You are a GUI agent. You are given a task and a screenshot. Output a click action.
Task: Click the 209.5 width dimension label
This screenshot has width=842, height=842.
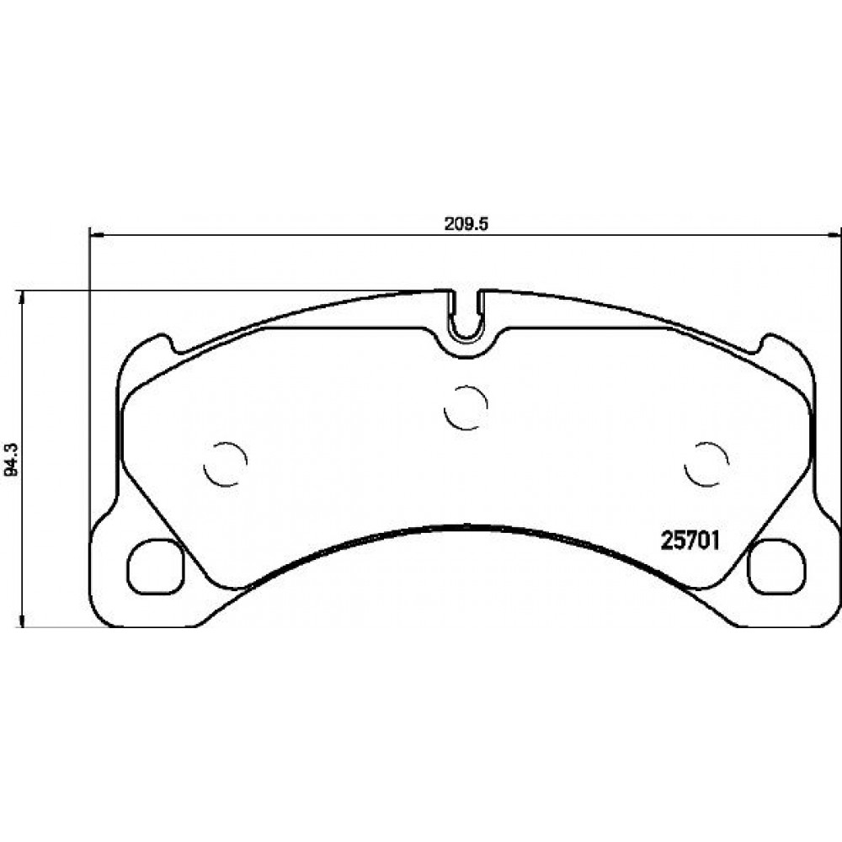[465, 225]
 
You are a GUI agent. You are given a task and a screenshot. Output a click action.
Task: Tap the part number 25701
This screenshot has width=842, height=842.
[690, 541]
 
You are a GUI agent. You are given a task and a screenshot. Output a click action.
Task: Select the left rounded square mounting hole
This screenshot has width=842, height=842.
[156, 567]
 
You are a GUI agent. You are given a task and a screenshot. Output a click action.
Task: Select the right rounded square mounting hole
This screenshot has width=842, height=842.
[776, 567]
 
